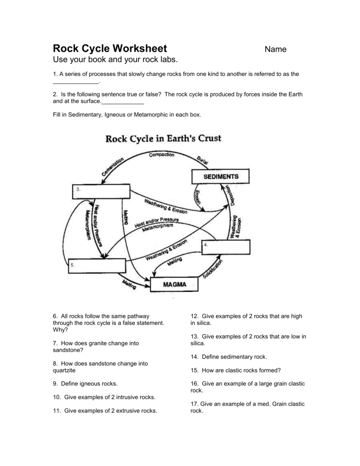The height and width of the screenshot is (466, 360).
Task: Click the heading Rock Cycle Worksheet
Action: (110, 48)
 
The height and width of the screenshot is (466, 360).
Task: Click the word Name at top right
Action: (276, 50)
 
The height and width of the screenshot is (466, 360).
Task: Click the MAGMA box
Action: (174, 284)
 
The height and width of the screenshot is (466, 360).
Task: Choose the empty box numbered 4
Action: (226, 248)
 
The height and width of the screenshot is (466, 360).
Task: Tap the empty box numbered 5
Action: (96, 266)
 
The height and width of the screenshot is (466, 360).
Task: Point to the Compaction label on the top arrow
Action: (162, 155)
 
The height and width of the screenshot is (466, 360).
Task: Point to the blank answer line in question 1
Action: (76, 83)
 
